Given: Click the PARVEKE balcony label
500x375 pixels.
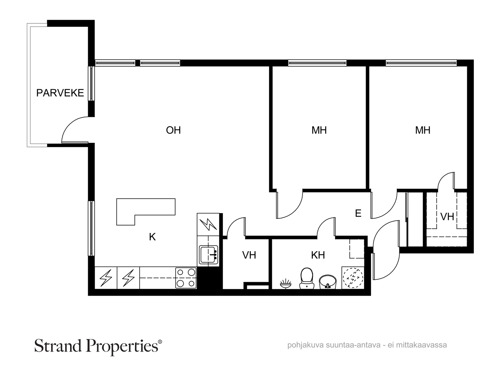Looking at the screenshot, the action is pyautogui.click(x=60, y=93).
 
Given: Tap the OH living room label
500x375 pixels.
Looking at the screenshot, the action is pyautogui.click(x=173, y=130).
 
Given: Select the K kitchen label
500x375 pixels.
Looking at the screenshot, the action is pyautogui.click(x=152, y=237).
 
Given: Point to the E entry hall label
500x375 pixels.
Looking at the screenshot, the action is pyautogui.click(x=358, y=213).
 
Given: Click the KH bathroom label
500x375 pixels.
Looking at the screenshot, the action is pyautogui.click(x=318, y=255).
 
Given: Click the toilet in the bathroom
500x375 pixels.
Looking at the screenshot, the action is pyautogui.click(x=306, y=278).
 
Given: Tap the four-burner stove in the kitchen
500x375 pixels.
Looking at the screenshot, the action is pyautogui.click(x=186, y=278).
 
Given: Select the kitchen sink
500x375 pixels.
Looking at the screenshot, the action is pyautogui.click(x=208, y=254).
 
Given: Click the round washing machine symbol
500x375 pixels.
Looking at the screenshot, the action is pyautogui.click(x=352, y=278).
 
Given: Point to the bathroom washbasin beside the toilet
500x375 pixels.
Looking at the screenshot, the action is pyautogui.click(x=327, y=282).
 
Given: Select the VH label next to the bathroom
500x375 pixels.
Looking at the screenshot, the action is pyautogui.click(x=249, y=255).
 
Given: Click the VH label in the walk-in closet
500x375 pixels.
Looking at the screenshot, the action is pyautogui.click(x=447, y=217).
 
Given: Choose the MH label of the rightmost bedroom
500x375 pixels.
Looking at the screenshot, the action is pyautogui.click(x=422, y=130).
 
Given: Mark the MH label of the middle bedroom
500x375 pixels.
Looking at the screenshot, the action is pyautogui.click(x=319, y=130).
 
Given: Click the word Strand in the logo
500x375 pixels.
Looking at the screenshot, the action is pyautogui.click(x=58, y=346).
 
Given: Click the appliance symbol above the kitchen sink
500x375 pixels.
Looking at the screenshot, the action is pyautogui.click(x=208, y=224).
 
